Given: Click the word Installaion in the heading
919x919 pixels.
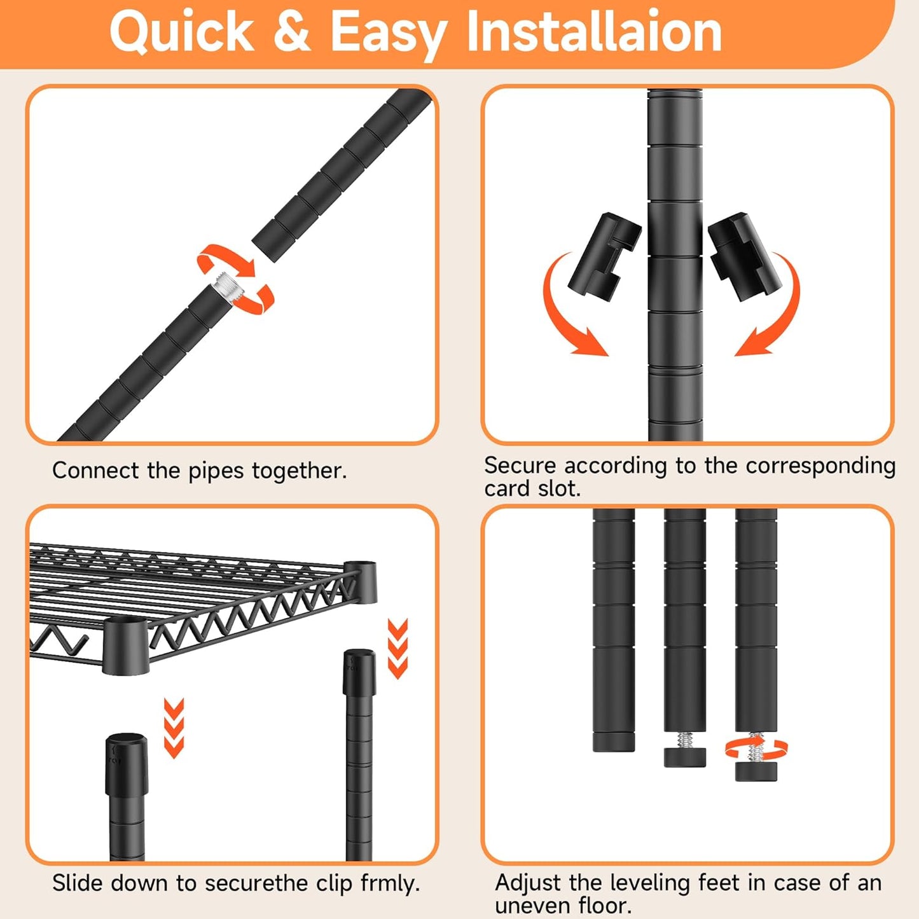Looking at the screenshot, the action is point(594,31).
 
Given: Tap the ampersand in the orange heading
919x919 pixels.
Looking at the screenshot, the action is point(293,31).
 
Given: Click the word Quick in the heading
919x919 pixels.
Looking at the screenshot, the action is point(182,32).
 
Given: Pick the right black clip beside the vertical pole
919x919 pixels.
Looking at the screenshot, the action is point(745,256).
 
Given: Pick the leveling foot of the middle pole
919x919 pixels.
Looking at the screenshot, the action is point(685,756).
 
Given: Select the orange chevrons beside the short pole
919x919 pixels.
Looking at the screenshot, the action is point(174,728).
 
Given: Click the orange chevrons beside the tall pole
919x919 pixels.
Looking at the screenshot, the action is point(397,648).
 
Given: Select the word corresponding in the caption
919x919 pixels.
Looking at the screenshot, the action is point(820,466).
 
